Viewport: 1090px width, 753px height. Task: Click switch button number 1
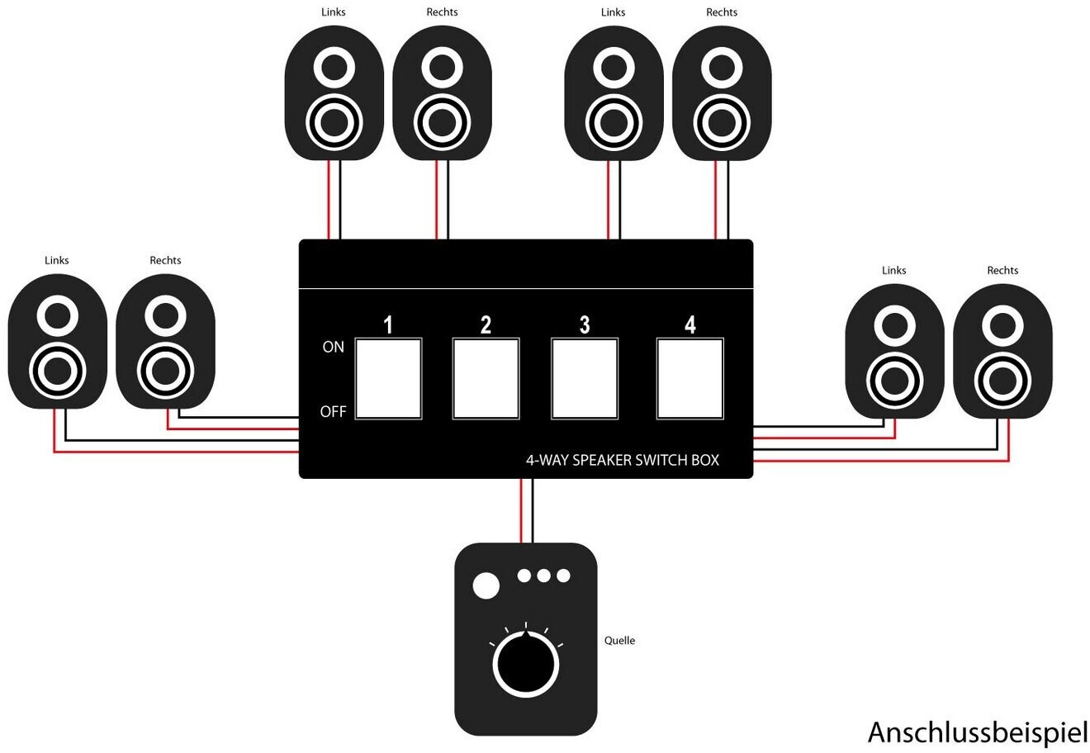pos(388,378)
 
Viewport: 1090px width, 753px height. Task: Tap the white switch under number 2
pos(486,378)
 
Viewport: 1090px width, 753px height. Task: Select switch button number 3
pos(585,378)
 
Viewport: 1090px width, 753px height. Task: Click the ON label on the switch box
pos(333,348)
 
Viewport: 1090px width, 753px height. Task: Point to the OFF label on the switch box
pos(333,412)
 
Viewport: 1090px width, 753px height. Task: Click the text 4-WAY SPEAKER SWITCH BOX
pos(622,460)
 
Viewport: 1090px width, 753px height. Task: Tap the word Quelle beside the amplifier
pos(619,641)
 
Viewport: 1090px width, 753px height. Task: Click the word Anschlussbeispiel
pos(978,732)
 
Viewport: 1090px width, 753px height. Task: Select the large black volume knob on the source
pos(525,663)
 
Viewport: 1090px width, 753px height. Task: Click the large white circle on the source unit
pos(486,586)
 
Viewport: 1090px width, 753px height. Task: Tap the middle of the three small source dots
pos(543,575)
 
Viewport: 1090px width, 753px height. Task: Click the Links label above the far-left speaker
pos(57,261)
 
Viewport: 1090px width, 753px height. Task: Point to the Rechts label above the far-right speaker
pos(1002,271)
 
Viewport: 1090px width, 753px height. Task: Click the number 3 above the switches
pos(585,325)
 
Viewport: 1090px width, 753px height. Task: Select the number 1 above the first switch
pos(388,325)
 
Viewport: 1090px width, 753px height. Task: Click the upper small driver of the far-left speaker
pos(57,315)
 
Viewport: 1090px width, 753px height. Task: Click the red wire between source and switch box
pos(521,510)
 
